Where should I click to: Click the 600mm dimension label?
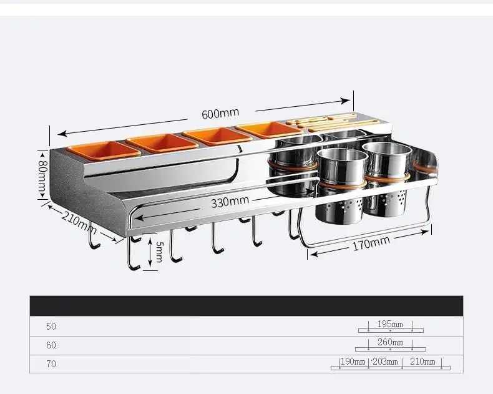tap(220, 113)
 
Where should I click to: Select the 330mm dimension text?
tap(230, 202)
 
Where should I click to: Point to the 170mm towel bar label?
tap(371, 243)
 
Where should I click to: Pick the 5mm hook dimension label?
tap(159, 252)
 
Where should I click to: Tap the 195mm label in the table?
tap(390, 324)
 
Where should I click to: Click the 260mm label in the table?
tap(390, 342)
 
